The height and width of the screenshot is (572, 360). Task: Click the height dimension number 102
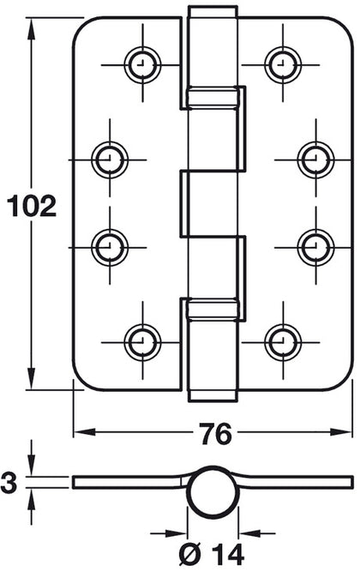tap(31, 207)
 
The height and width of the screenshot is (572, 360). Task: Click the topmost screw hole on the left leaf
tap(141, 62)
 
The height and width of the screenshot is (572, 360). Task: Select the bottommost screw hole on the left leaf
tap(141, 341)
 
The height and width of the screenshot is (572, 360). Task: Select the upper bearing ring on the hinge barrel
tap(213, 97)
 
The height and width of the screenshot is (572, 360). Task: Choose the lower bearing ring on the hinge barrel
tap(213, 308)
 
